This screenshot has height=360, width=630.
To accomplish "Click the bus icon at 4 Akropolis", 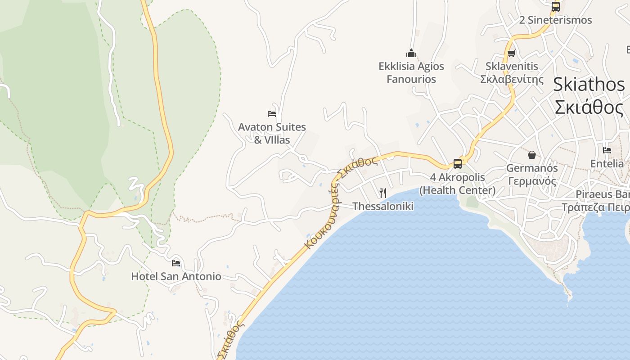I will [457, 163].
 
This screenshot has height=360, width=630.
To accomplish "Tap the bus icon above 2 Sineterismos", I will [556, 7].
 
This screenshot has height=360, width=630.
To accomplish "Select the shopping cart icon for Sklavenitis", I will [511, 54].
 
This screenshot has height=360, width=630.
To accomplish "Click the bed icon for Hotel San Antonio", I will [176, 263].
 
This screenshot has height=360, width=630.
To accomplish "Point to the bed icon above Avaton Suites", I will [272, 113].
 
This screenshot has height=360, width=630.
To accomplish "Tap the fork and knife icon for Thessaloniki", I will [383, 193].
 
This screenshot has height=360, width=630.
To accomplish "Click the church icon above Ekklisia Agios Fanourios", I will [411, 53].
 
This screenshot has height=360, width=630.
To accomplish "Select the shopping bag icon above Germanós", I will [532, 155].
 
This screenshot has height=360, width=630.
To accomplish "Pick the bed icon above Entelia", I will [607, 150].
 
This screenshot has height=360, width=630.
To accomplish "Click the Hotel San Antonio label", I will [176, 276].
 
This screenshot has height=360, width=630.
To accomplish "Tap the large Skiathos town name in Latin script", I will [589, 85].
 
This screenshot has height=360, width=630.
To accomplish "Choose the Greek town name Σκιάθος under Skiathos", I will [589, 108].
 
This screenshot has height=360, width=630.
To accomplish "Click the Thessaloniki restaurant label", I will [383, 206].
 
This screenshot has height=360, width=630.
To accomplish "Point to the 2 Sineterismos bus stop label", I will [556, 20].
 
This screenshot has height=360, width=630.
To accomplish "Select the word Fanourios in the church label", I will [411, 79].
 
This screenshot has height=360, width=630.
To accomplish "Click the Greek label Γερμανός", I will [532, 181].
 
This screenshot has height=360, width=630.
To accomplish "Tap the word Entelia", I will [607, 163].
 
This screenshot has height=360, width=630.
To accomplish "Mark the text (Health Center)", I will [457, 190].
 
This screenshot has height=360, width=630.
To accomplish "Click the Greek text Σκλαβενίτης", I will [512, 79].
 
